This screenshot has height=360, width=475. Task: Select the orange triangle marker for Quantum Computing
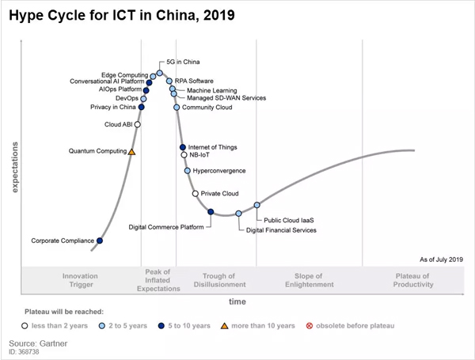tap(132, 151)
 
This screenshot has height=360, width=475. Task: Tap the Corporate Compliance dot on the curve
tap(99, 241)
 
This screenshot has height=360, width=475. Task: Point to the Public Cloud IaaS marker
tap(257, 205)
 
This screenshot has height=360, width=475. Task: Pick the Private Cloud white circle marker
tap(196, 193)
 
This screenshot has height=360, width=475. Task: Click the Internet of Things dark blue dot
tap(183, 147)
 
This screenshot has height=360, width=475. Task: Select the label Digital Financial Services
tap(281, 230)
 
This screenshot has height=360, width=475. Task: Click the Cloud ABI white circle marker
tap(138, 124)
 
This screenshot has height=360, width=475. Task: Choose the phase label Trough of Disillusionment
tap(219, 280)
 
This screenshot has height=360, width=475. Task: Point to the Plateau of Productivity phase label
tap(412, 280)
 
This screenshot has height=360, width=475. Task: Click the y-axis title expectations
tap(15, 167)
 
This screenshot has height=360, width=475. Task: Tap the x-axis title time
tap(237, 301)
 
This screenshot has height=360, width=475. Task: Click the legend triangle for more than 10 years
tap(225, 325)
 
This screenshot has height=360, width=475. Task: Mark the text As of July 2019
tap(442, 260)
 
